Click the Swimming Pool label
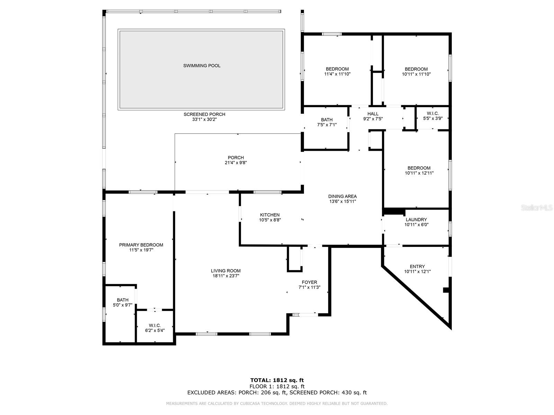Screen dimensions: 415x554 tap(202, 66)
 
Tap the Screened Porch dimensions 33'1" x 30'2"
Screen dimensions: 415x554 tap(204, 119)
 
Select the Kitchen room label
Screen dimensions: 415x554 tap(270, 215)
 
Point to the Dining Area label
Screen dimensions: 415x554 tap(342, 196)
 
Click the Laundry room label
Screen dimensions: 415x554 tap(416, 220)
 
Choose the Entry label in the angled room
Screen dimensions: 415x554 tap(417, 266)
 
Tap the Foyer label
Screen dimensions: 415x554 tap(309, 282)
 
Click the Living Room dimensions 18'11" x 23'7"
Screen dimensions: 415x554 tap(225, 276)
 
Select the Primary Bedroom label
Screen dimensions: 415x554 tap(141, 245)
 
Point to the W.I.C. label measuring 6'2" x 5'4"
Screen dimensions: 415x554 tap(155, 325)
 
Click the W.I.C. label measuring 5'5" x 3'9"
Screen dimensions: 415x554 tap(433, 113)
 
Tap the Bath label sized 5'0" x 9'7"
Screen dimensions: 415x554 tap(123, 300)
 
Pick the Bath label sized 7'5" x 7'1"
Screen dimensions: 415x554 tap(327, 120)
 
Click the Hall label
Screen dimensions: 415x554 tap(373, 114)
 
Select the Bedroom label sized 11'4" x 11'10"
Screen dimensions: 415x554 tap(337, 69)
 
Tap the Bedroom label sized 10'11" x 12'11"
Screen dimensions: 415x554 tap(419, 168)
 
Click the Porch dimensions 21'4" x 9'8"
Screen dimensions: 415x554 tap(235, 163)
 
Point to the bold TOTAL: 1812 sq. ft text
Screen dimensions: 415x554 tap(277, 380)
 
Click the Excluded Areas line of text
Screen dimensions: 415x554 tap(277, 393)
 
